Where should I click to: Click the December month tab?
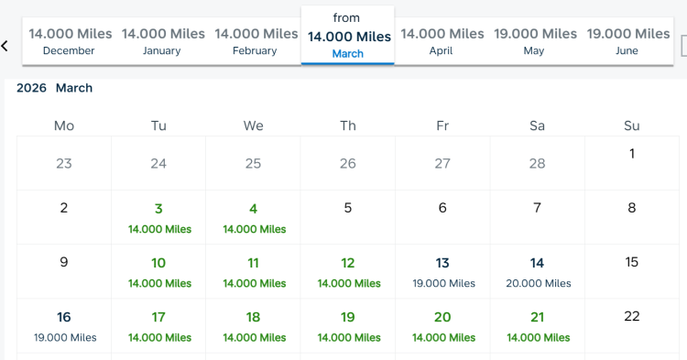71,41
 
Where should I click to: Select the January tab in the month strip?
163,41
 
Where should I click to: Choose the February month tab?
256,41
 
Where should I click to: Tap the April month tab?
442,41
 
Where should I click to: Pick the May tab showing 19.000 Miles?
535,41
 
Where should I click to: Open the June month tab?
627,41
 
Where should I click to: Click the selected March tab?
348,38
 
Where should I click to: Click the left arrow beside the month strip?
5,45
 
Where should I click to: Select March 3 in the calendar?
159,217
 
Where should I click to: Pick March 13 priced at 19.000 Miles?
443,272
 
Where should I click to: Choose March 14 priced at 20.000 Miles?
538,272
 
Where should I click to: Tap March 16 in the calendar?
64,326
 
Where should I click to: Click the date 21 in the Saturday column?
538,326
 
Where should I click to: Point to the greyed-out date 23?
64,164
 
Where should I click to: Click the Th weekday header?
348,125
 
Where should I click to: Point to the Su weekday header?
632,125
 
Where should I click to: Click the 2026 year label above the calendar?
32,89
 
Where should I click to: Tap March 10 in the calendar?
159,272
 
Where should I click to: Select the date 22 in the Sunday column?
632,316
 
